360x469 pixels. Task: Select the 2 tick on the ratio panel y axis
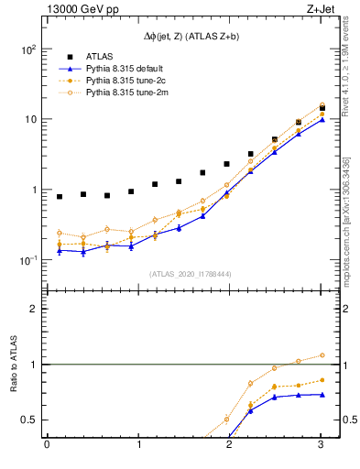(31, 309)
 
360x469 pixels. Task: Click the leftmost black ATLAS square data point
(60, 197)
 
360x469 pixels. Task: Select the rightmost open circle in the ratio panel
(322, 355)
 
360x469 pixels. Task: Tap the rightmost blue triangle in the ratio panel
(322, 395)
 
